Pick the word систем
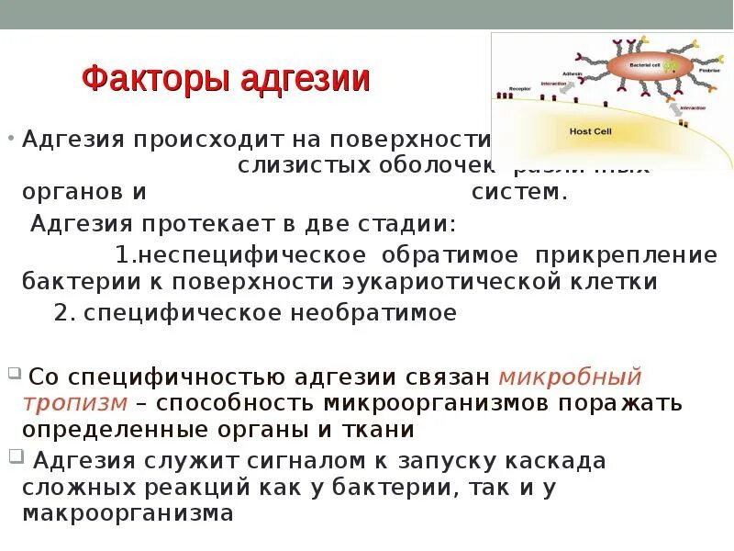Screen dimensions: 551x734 tap(520, 193)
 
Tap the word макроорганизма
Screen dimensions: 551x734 tap(128, 513)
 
